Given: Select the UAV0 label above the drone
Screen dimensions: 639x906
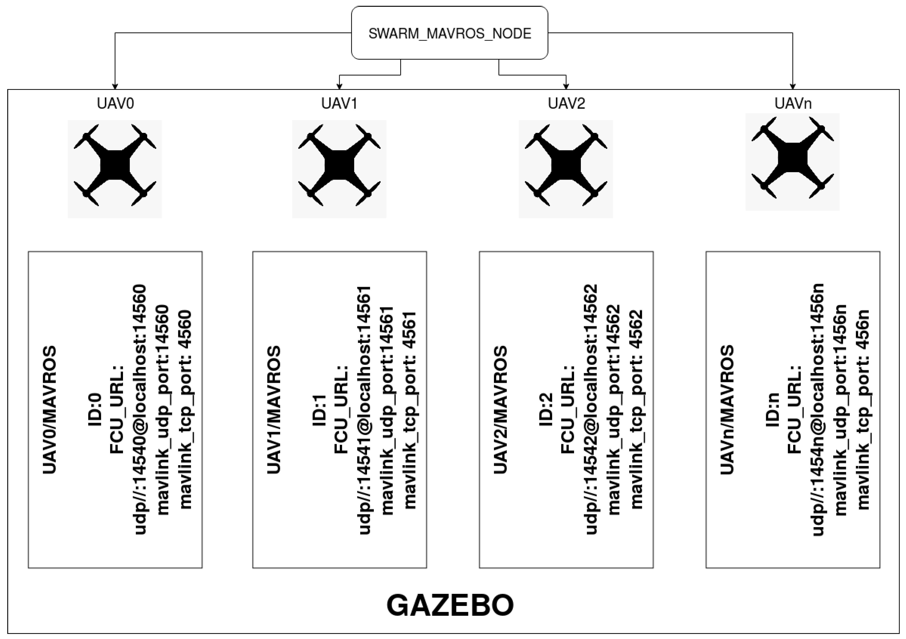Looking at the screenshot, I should tap(115, 103).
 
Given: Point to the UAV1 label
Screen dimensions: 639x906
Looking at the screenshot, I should tap(339, 103).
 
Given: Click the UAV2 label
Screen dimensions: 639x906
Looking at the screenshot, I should tap(566, 103).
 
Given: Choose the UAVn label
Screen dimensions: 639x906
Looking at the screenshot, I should tap(793, 103).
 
